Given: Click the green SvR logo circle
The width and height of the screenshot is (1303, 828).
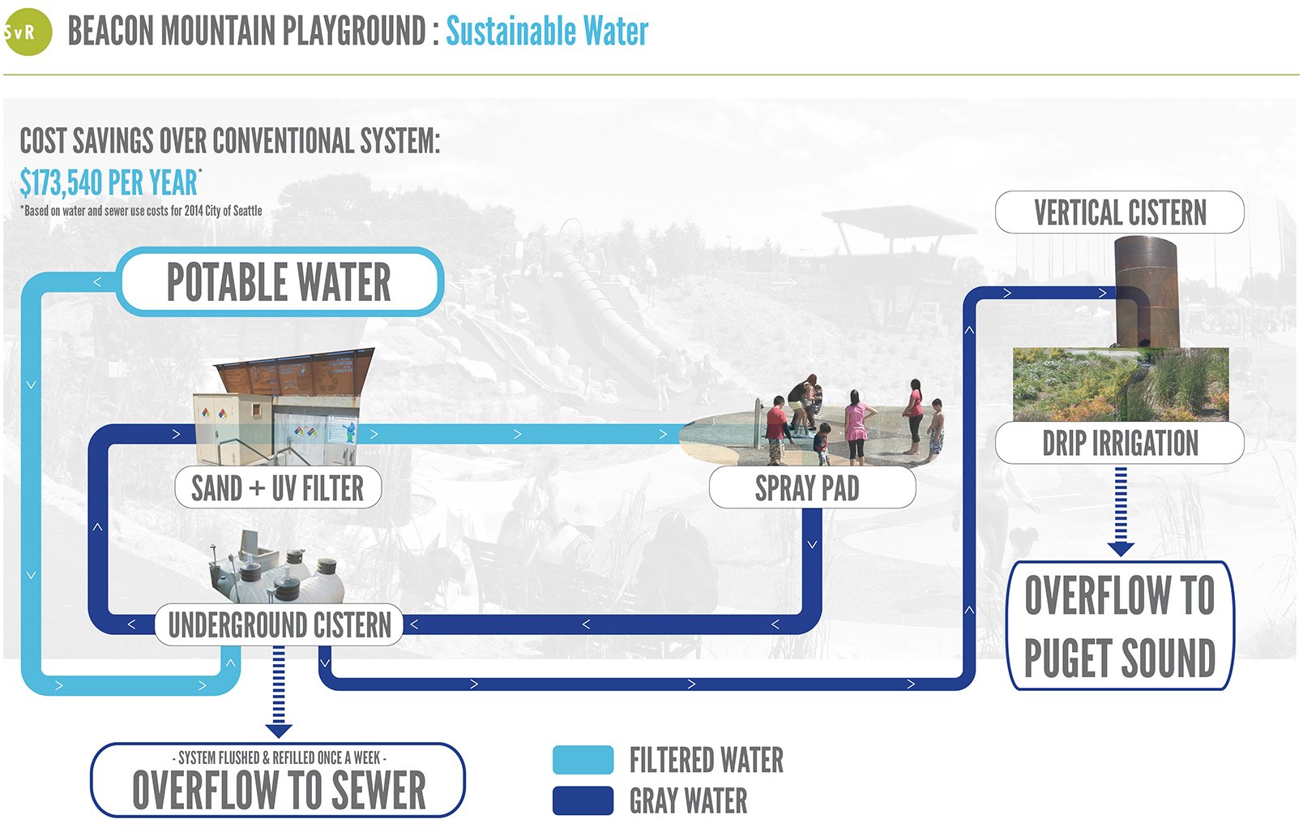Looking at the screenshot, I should pyautogui.click(x=27, y=32).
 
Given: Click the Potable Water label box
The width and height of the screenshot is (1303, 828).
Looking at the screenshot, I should pyautogui.click(x=280, y=282).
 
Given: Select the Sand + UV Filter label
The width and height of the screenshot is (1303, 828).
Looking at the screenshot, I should pyautogui.click(x=278, y=488).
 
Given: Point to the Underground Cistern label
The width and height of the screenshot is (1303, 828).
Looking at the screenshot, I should pyautogui.click(x=279, y=624).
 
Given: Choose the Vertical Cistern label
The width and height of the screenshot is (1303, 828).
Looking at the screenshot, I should pyautogui.click(x=1119, y=212).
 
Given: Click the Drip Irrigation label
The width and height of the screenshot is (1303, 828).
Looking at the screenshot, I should pyautogui.click(x=1119, y=444).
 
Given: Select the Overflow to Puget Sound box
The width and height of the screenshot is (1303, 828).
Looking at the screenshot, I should pyautogui.click(x=1119, y=626).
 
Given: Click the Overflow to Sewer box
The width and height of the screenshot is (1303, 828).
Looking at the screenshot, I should pyautogui.click(x=278, y=780).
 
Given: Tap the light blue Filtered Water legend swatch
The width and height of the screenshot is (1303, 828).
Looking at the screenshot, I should pyautogui.click(x=583, y=760).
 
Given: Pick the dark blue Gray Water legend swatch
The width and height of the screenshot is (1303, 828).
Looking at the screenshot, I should pyautogui.click(x=583, y=800).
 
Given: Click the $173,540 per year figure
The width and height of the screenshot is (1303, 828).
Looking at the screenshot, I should pyautogui.click(x=109, y=183).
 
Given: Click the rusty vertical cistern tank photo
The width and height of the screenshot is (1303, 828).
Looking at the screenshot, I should pyautogui.click(x=1147, y=292).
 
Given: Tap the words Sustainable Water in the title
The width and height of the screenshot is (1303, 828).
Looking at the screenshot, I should pyautogui.click(x=547, y=32).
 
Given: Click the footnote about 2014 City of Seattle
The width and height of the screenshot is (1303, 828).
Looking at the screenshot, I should pyautogui.click(x=141, y=211).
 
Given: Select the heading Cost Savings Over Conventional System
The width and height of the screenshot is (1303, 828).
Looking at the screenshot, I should pyautogui.click(x=229, y=141).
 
